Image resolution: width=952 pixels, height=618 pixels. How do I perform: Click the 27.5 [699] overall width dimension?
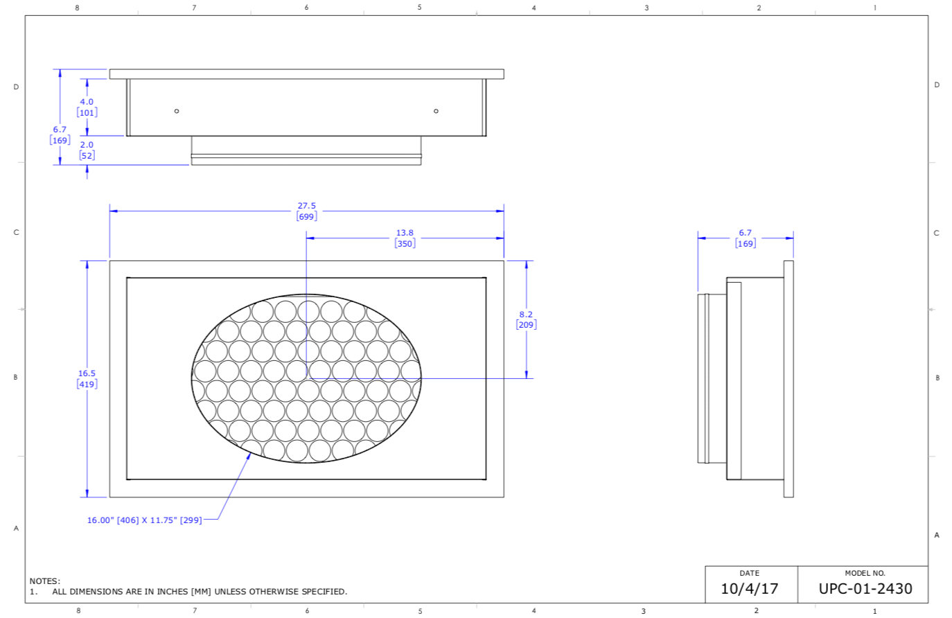coord(306,211)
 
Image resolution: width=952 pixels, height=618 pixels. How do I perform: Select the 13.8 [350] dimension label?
coord(405,238)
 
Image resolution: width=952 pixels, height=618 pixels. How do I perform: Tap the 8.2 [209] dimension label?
coord(526,319)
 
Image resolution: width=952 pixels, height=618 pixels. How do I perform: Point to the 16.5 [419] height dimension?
coord(87,379)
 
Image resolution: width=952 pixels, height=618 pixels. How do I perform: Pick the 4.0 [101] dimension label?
coord(87,107)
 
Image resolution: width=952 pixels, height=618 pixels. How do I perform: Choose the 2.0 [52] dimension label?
coord(87,150)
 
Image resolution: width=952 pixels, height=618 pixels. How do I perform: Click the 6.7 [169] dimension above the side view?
coord(745,238)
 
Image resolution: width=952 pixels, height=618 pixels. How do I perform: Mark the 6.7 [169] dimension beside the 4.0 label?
coord(60,135)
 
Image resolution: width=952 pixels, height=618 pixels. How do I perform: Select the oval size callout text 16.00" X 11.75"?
coord(144,520)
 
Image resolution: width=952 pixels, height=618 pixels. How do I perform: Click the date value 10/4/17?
coord(749,589)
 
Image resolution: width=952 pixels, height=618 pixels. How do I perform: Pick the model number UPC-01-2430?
coord(865,589)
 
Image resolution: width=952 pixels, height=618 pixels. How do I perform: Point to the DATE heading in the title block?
coord(749,573)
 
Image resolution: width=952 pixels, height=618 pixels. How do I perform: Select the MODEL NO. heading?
coord(865,573)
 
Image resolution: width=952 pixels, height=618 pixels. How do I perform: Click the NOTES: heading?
coord(44,581)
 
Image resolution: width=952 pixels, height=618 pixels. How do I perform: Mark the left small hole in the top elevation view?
coord(177,111)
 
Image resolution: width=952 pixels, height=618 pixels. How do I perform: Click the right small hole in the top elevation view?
coord(436,111)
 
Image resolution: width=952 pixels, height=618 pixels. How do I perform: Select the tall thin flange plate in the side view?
coord(788,379)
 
